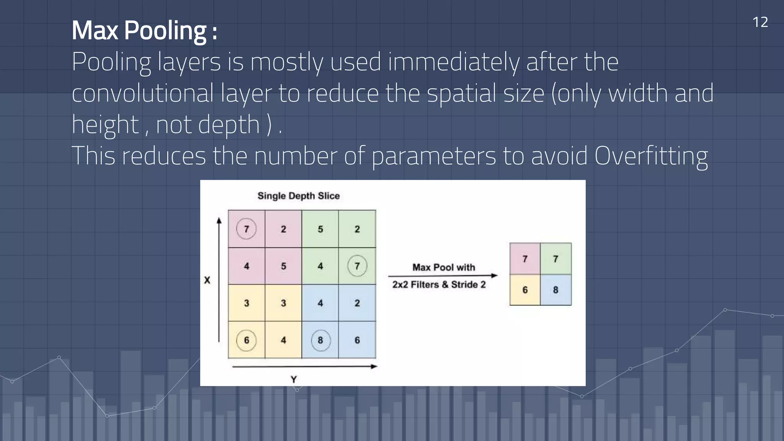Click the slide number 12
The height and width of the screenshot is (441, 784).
(760, 22)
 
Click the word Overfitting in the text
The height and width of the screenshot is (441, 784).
(651, 156)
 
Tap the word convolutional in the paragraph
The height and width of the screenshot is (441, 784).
(142, 93)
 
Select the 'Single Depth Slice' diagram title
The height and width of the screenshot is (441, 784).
(299, 196)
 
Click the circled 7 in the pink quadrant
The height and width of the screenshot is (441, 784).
(246, 229)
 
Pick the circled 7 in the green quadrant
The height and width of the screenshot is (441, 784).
(357, 266)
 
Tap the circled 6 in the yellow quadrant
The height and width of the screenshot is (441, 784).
(246, 340)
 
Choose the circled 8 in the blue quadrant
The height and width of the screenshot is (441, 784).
(320, 340)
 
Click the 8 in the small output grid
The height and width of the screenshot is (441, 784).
(555, 290)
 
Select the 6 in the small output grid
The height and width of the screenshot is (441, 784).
(525, 290)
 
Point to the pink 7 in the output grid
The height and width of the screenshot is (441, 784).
(525, 259)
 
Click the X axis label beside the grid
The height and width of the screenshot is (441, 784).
(207, 280)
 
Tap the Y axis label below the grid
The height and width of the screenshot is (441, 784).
(294, 379)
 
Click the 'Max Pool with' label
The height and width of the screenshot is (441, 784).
(444, 267)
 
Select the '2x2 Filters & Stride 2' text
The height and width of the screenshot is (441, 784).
(439, 285)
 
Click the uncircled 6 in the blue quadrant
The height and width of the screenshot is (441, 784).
(357, 340)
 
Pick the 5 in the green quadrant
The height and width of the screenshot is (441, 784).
(320, 229)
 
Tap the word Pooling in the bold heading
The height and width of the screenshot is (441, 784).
(165, 31)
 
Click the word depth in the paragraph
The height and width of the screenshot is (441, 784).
(229, 125)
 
